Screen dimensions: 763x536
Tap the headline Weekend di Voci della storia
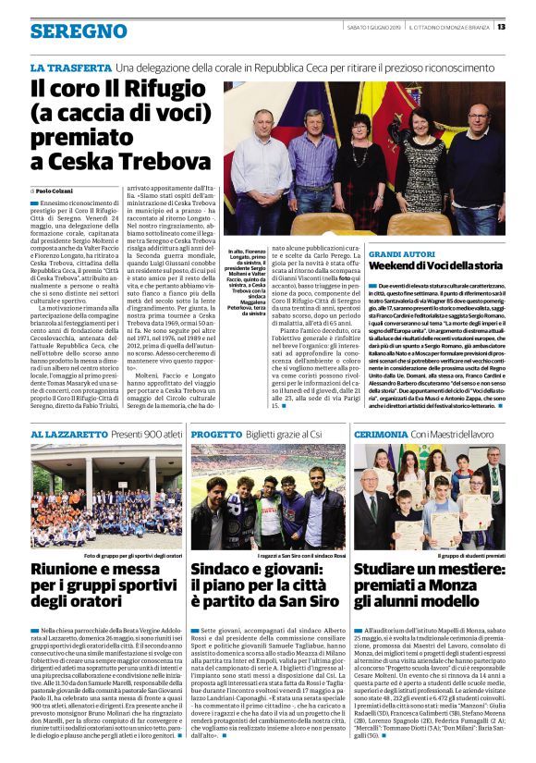(x=447, y=265)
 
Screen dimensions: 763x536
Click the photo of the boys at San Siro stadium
(x=268, y=497)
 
